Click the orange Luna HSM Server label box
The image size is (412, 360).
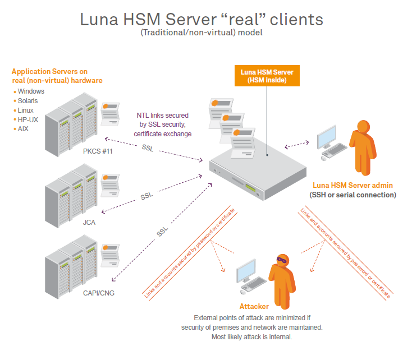(267, 76)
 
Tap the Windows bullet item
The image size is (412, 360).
(31, 91)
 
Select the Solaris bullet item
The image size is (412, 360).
(29, 101)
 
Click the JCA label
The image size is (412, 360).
(90, 222)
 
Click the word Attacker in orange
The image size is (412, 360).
(254, 307)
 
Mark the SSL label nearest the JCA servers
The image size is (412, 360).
(147, 197)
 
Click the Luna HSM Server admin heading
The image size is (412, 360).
(353, 185)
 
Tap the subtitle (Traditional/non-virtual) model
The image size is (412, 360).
(202, 33)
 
